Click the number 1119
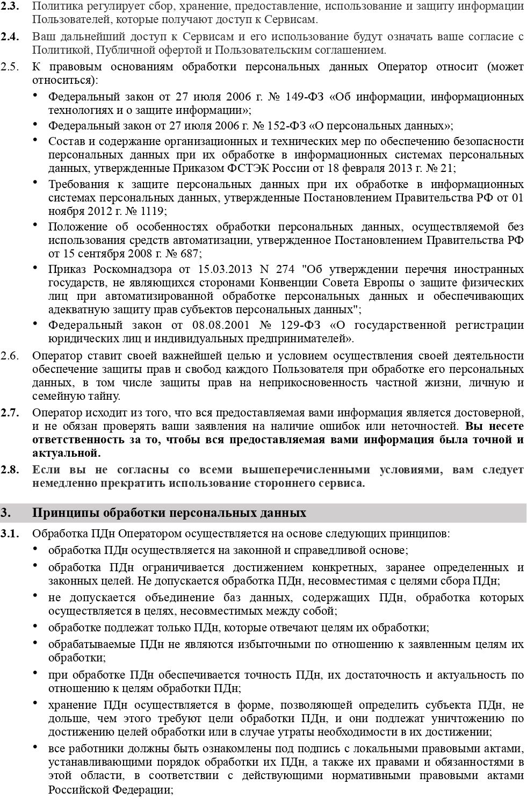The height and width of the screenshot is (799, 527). tap(153, 211)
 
